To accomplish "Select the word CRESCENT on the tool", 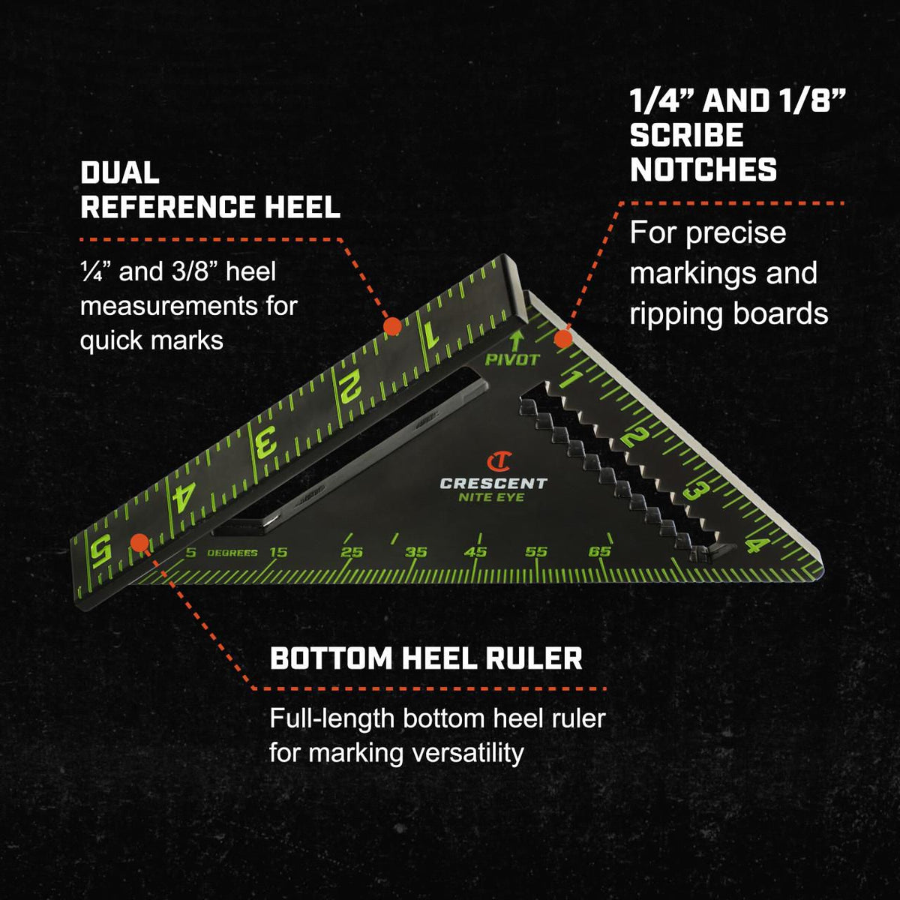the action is click(493, 484).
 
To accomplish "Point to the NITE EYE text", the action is click(491, 498).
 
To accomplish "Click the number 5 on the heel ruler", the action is click(100, 551).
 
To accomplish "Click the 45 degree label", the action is click(475, 552).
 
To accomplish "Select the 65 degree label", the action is click(600, 551).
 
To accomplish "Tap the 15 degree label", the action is click(278, 553).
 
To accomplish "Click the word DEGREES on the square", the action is click(232, 553).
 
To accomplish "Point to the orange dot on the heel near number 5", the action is click(139, 542).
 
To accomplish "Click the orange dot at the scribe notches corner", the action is click(563, 338).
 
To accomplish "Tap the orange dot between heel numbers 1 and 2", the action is click(392, 326).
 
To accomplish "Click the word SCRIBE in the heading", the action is click(686, 136).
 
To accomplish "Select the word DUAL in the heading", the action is click(120, 172).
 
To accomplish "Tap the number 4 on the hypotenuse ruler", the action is click(756, 544).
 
